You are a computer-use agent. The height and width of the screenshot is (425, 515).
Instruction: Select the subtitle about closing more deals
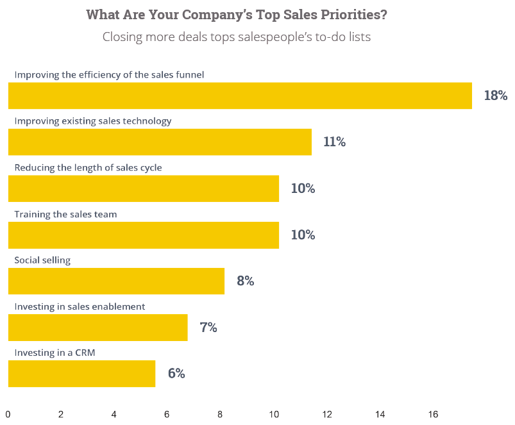(236, 37)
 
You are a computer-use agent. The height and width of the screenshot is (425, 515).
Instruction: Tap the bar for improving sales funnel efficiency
(240, 96)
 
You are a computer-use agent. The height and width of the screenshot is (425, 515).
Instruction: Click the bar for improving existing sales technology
(160, 142)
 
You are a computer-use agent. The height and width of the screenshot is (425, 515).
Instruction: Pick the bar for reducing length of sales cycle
(144, 188)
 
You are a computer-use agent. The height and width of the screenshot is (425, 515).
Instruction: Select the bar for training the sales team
(144, 235)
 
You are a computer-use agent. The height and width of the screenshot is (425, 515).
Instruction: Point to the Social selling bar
(116, 281)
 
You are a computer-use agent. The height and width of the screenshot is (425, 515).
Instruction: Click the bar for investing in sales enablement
(97, 328)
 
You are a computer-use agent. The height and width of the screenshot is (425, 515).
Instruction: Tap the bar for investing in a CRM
(81, 374)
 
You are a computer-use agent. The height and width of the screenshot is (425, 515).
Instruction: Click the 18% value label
(495, 96)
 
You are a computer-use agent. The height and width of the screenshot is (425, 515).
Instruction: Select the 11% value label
(334, 142)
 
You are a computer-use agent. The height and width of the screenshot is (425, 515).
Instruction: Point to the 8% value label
(245, 281)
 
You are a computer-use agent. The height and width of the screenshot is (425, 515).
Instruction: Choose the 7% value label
(208, 328)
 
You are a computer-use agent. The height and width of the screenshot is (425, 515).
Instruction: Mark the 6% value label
(176, 374)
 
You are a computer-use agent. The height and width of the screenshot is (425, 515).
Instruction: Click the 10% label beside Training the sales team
(303, 235)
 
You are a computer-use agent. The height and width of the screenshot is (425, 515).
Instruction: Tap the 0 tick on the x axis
(8, 415)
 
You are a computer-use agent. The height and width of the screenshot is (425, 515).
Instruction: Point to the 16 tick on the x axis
(433, 415)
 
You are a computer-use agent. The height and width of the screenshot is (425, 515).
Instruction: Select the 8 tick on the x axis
(221, 415)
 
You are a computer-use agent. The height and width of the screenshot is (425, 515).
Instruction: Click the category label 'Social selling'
(42, 260)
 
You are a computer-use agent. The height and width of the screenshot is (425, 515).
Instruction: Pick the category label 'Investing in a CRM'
(55, 353)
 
